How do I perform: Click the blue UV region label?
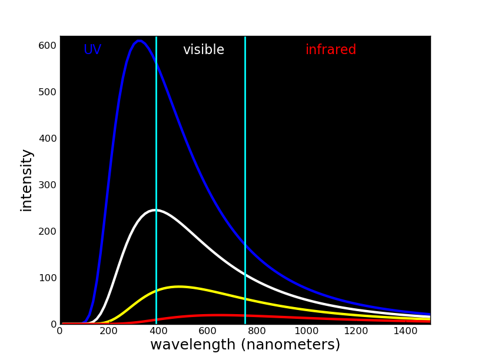pyautogui.click(x=92, y=50)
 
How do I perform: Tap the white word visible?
pyautogui.click(x=204, y=50)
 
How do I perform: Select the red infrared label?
pyautogui.click(x=331, y=50)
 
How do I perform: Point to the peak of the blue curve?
pyautogui.click(x=139, y=41)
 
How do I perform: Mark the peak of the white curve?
pyautogui.click(x=155, y=210)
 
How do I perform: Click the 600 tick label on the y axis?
pyautogui.click(x=47, y=45)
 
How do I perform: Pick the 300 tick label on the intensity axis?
pyautogui.click(x=47, y=185)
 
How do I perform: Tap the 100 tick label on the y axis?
pyautogui.click(x=47, y=278)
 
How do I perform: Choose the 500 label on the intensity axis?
pyautogui.click(x=47, y=92)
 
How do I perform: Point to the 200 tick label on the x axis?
pyautogui.click(x=109, y=332)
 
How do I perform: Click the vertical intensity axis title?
pyautogui.click(x=26, y=180)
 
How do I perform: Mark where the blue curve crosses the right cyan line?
pyautogui.click(x=245, y=242)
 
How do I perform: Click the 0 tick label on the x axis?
pyautogui.click(x=59, y=332)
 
